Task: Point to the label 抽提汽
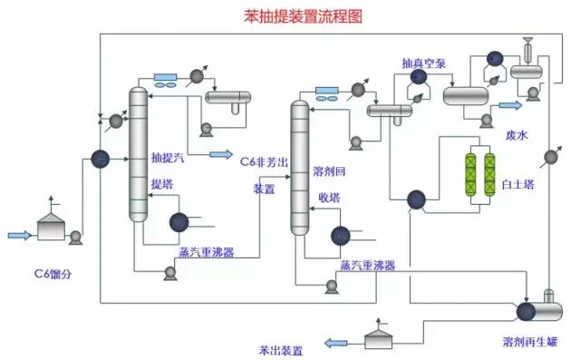(168, 160)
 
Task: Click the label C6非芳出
(264, 161)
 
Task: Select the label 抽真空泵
(422, 63)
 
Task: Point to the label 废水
(517, 135)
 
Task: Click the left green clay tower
(470, 170)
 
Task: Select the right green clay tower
(490, 170)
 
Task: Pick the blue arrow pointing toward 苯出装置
(337, 342)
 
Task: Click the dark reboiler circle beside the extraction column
(179, 221)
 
